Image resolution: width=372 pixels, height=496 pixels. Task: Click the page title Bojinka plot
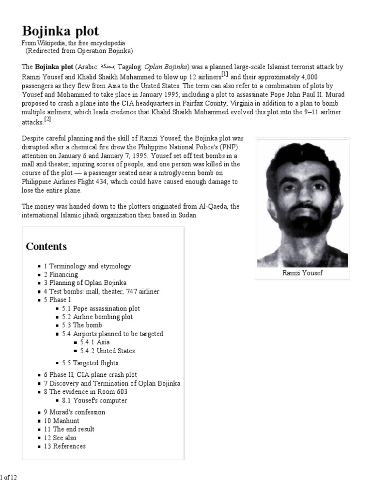pos(60,31)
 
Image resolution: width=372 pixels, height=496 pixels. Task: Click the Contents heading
pos(46,246)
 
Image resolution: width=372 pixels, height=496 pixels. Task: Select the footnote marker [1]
pos(225,74)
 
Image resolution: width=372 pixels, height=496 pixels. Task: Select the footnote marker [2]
pos(47,119)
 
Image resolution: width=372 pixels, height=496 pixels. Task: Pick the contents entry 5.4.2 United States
pos(108,351)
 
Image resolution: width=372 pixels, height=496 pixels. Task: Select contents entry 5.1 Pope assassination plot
pos(103,308)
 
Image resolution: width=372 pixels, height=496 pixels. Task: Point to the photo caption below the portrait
pos(302,273)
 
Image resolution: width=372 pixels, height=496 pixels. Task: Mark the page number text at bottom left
pos(9,477)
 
